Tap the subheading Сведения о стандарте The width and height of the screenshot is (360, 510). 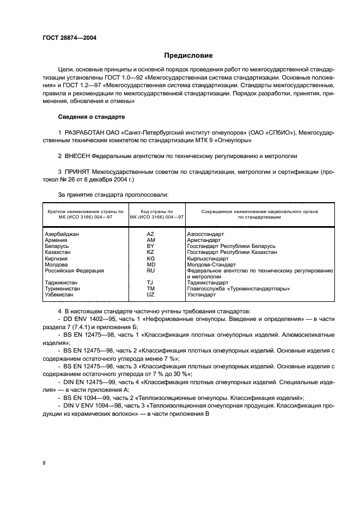point(91,117)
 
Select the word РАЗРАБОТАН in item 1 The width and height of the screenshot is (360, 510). point(84,133)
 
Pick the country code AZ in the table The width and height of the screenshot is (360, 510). point(151,234)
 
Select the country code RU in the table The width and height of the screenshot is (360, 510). point(151,270)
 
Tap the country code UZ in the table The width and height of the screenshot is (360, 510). point(151,294)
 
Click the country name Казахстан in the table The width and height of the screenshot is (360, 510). point(58,252)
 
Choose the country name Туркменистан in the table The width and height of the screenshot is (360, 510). point(62,288)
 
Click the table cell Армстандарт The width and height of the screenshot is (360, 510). point(204,240)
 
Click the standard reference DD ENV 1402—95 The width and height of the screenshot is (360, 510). point(84,318)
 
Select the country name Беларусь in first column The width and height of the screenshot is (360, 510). point(56,246)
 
